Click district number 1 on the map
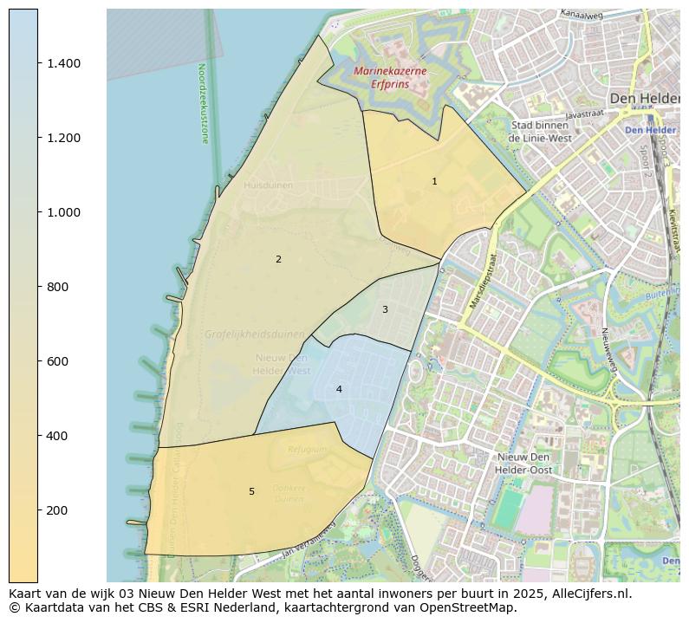[x=434, y=181]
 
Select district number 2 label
[x=278, y=259]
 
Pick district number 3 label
[x=385, y=309]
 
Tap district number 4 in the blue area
[x=339, y=389]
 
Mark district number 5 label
[x=251, y=491]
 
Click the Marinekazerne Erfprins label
[x=390, y=78]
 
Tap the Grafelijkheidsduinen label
[x=255, y=334]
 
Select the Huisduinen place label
[x=268, y=185]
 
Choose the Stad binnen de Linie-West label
[x=540, y=132]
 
